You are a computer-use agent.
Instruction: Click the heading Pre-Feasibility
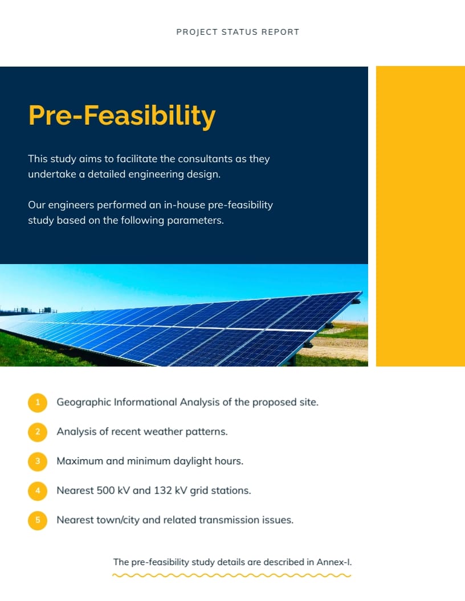coord(122,116)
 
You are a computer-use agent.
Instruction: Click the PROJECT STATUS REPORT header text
coord(238,32)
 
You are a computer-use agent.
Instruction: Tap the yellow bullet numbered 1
coord(38,402)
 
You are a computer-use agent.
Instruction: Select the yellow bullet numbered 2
coord(38,432)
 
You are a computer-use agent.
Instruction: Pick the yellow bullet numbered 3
coord(38,461)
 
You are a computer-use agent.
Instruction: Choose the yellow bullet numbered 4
coord(38,491)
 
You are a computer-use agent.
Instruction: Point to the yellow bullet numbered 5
coord(38,520)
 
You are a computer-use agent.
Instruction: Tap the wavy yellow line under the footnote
coord(232,575)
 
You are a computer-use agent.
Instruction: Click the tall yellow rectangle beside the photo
coord(420,216)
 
